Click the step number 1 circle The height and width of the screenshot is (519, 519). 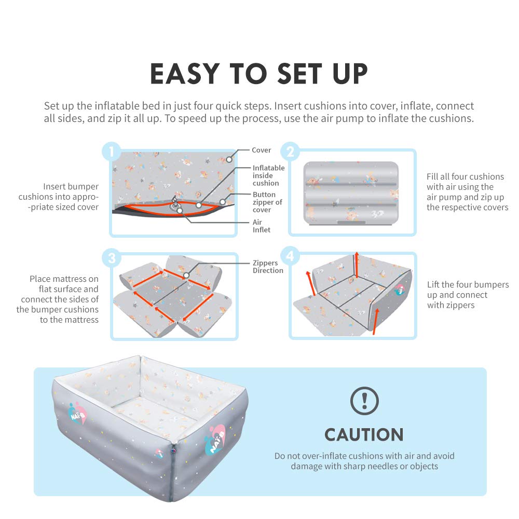[x=111, y=152]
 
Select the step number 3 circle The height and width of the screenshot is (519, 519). [x=111, y=256]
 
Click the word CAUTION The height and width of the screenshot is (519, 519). [x=364, y=434]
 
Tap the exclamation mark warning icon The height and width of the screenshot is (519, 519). [x=364, y=401]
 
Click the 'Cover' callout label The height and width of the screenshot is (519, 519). [x=262, y=150]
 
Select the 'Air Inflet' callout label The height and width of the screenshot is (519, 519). [x=262, y=226]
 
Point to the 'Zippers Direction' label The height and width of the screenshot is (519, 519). [x=268, y=267]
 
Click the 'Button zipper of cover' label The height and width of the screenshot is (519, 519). [x=268, y=202]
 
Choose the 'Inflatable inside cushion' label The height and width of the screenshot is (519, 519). [x=268, y=175]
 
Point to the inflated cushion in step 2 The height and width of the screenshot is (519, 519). [x=351, y=192]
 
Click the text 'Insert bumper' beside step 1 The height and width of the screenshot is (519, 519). [x=71, y=186]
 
